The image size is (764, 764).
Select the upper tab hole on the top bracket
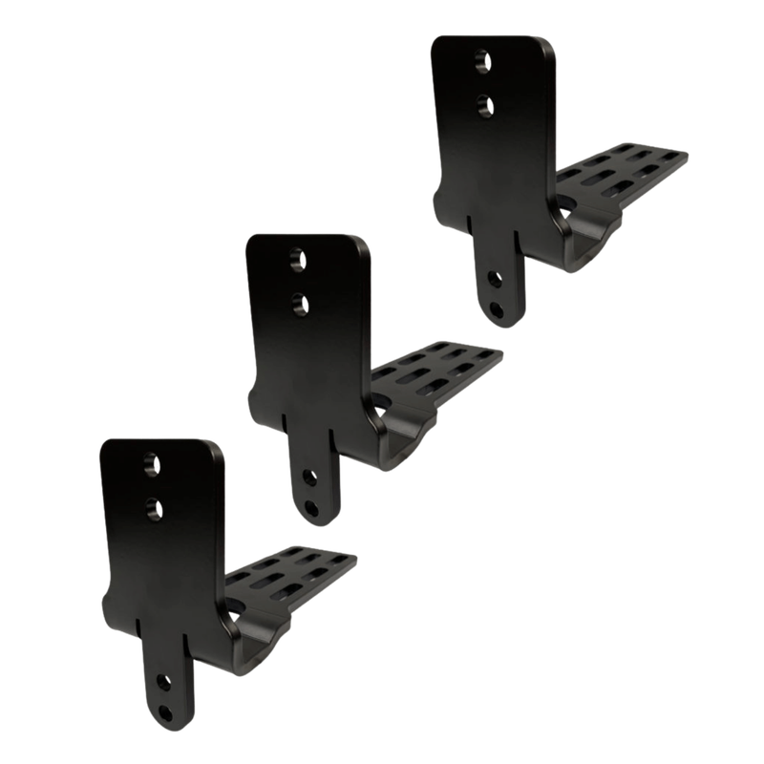pyautogui.click(x=493, y=278)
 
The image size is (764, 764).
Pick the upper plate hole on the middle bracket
pyautogui.click(x=297, y=258)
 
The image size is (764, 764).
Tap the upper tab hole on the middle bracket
pyautogui.click(x=308, y=477)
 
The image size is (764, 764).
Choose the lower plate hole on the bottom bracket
pyautogui.click(x=151, y=506)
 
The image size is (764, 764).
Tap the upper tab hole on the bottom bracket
pyautogui.click(x=162, y=682)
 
